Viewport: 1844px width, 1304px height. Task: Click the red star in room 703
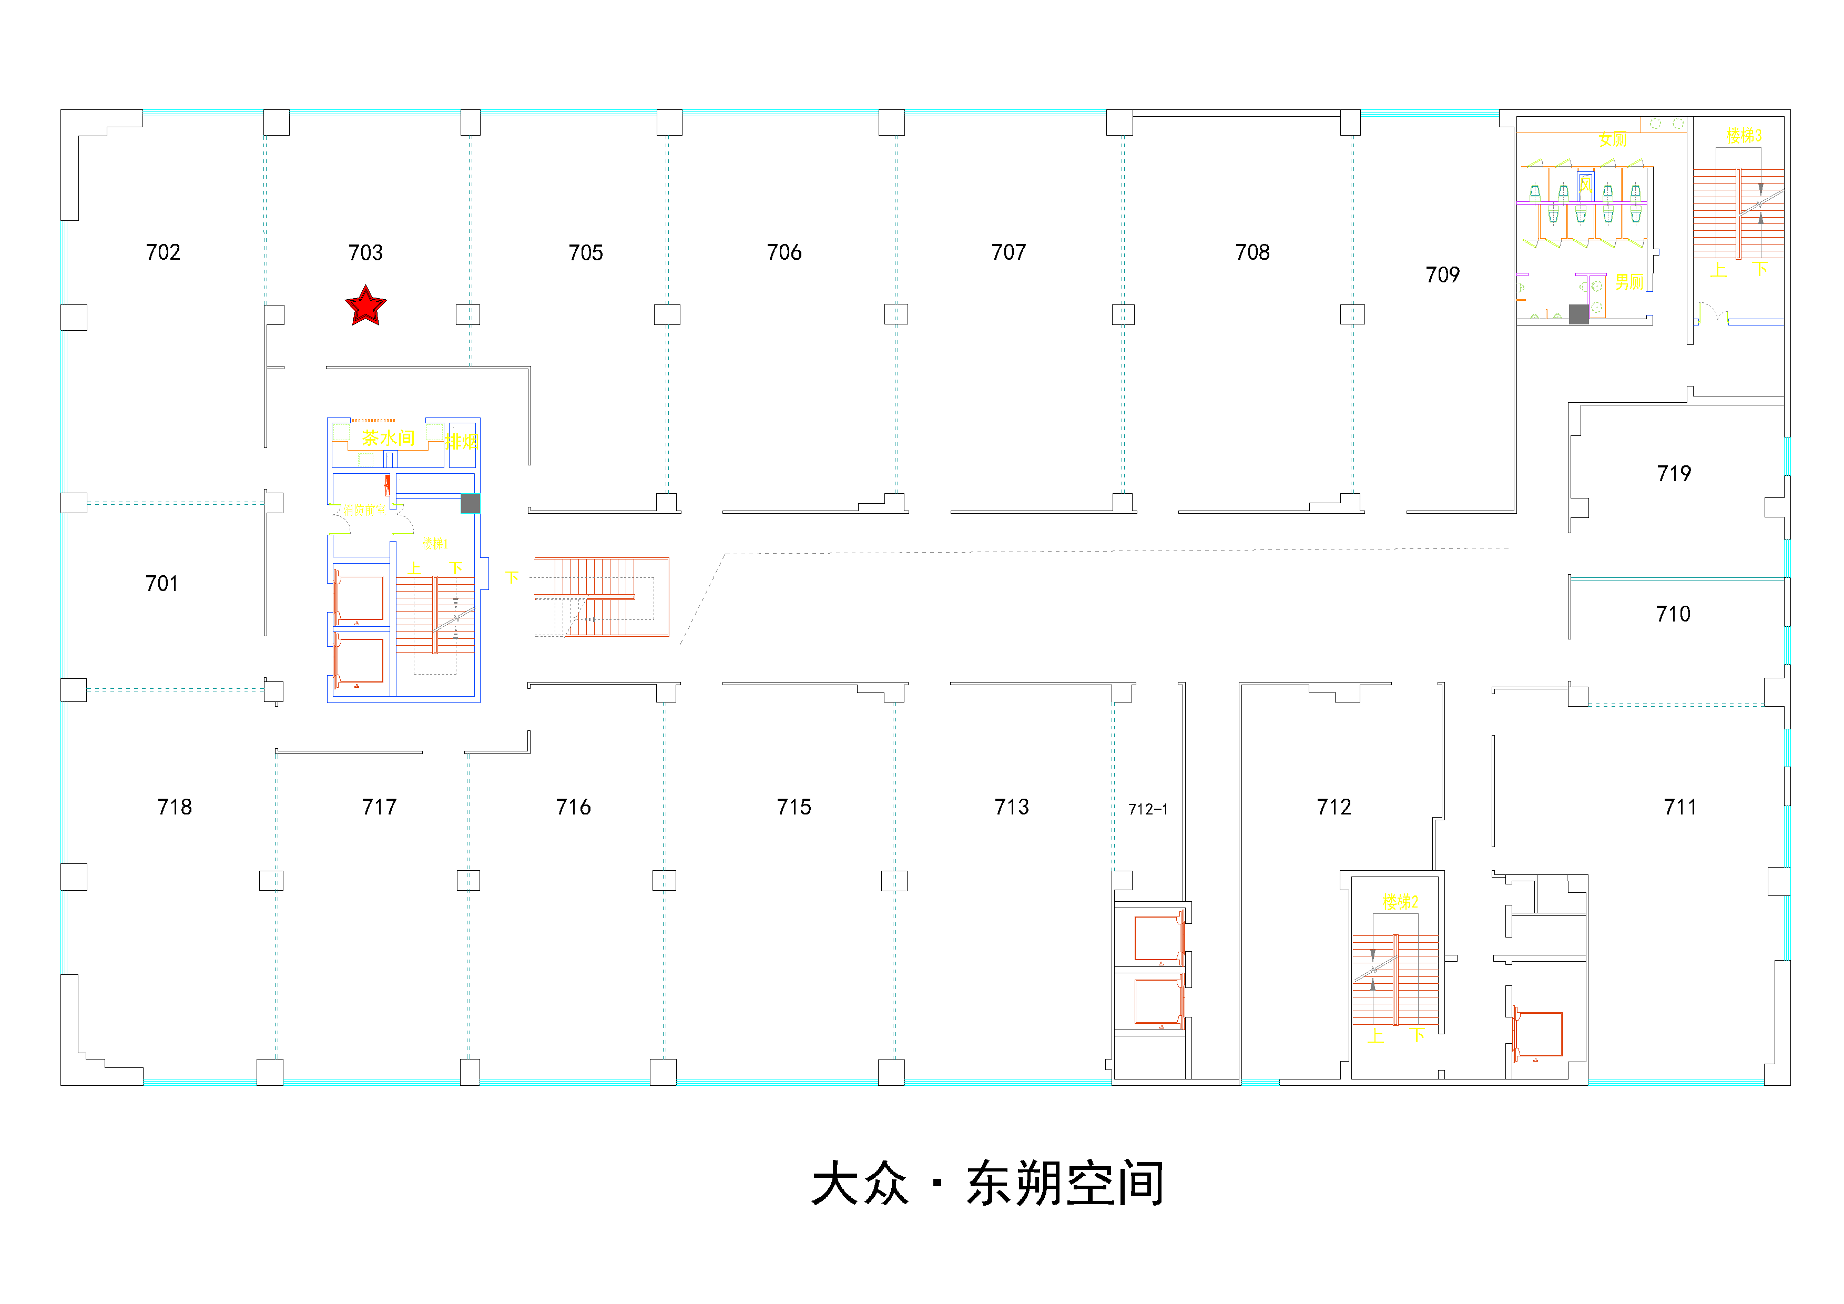click(x=365, y=307)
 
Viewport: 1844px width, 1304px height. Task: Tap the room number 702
click(x=163, y=252)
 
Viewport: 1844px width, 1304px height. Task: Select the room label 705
click(x=586, y=253)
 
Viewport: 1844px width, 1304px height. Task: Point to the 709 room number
click(x=1442, y=274)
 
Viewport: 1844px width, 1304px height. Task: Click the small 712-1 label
click(x=1148, y=809)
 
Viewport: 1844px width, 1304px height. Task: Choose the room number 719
click(x=1674, y=474)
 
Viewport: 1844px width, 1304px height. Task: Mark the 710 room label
click(x=1673, y=614)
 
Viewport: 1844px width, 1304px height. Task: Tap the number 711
click(x=1680, y=807)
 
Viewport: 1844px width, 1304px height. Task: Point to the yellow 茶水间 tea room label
click(x=388, y=437)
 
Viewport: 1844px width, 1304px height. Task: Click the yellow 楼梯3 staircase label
click(x=1744, y=135)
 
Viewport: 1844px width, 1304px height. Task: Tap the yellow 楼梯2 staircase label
click(x=1400, y=902)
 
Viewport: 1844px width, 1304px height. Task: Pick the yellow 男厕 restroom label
click(x=1629, y=282)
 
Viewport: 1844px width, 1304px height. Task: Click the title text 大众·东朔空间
click(x=988, y=1184)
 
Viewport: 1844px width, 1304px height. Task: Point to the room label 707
click(x=1008, y=252)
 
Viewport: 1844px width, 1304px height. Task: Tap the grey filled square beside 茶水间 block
click(x=470, y=503)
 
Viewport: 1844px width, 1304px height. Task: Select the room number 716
click(x=574, y=807)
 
